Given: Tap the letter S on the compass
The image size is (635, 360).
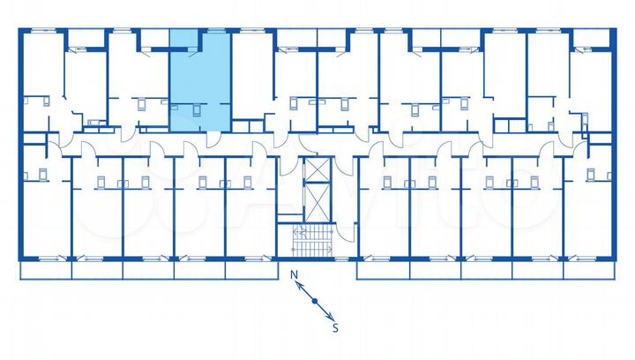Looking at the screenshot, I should tap(334, 327).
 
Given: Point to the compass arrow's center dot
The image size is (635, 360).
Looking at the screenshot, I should tap(315, 301).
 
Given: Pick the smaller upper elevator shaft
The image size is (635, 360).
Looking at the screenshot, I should tap(314, 169).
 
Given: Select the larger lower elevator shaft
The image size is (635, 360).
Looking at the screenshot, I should tap(314, 202).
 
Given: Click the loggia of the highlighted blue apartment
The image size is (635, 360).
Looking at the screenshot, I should tap(184, 38).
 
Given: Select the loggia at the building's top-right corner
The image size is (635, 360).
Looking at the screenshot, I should tap(592, 38).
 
